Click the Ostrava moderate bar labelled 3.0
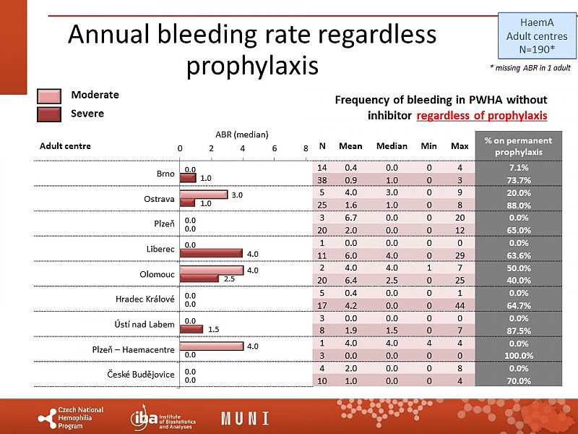tap(204, 195)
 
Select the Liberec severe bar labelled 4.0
tap(212, 253)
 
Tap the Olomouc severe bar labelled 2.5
tap(199, 278)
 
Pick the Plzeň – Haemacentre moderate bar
tap(212, 346)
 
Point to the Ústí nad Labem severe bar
tap(191, 329)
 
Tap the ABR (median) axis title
tap(242, 134)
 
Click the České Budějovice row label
tap(141, 375)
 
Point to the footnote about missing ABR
tap(530, 67)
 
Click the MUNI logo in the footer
tap(245, 418)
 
